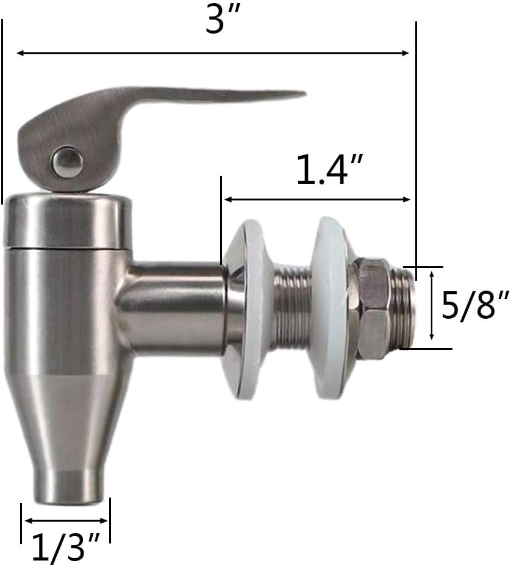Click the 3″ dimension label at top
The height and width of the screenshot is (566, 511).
click(220, 21)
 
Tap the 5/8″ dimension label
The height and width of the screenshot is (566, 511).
click(475, 305)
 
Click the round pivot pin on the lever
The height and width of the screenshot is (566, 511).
click(67, 162)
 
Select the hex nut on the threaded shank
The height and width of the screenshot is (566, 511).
click(373, 308)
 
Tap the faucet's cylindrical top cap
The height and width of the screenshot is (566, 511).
click(68, 221)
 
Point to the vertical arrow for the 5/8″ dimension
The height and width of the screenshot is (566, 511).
click(432, 305)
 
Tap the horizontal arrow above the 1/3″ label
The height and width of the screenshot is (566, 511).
click(65, 521)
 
